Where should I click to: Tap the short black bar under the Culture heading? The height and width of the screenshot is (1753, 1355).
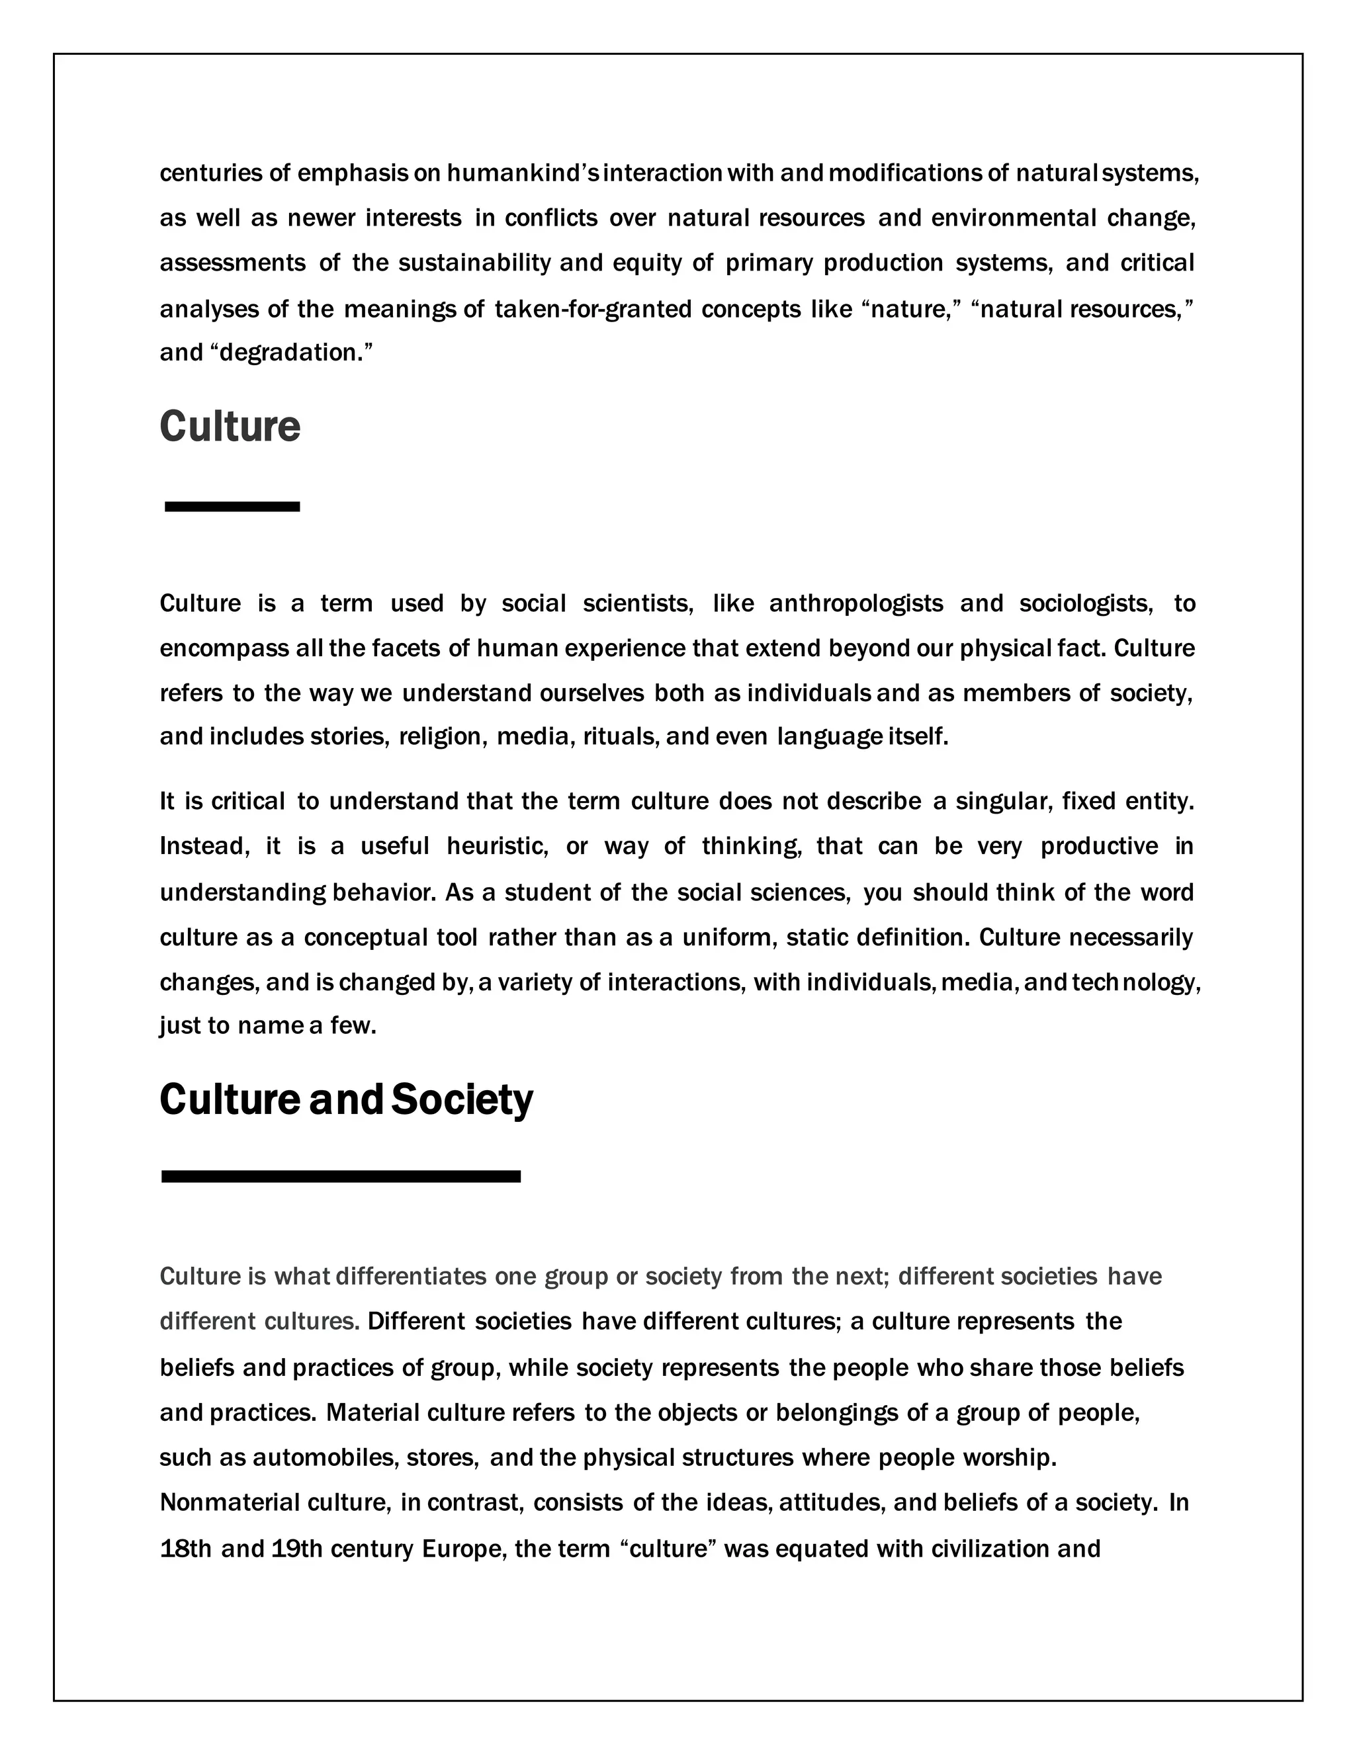[232, 507]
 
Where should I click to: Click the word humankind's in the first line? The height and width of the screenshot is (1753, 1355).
[522, 173]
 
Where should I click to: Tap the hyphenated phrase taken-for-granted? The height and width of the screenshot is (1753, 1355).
[593, 309]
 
